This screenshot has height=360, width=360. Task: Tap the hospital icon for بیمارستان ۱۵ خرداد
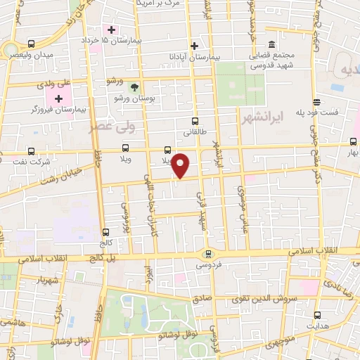coord(111,30)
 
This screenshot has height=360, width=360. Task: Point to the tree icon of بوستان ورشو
coord(134,86)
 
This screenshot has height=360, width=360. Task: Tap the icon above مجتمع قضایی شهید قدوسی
coord(272,42)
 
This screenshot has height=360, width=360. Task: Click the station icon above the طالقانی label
coord(195,121)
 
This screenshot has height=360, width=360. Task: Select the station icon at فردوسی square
coord(207,254)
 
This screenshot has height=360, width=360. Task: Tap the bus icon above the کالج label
coord(106,232)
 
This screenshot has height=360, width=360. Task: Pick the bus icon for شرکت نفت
coord(30,150)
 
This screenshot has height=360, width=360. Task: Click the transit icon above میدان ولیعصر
coord(30,44)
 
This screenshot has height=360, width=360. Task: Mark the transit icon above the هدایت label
coord(318,315)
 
